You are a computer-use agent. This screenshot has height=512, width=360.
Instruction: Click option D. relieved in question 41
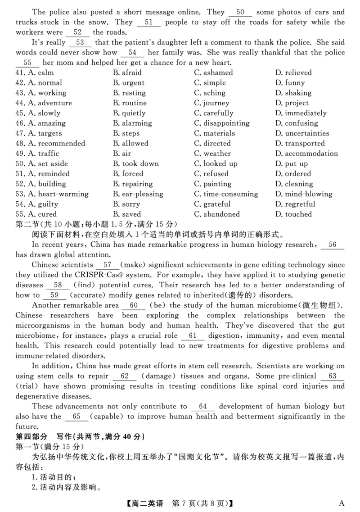point(293,72)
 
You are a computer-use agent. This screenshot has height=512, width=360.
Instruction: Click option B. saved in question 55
point(127,214)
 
